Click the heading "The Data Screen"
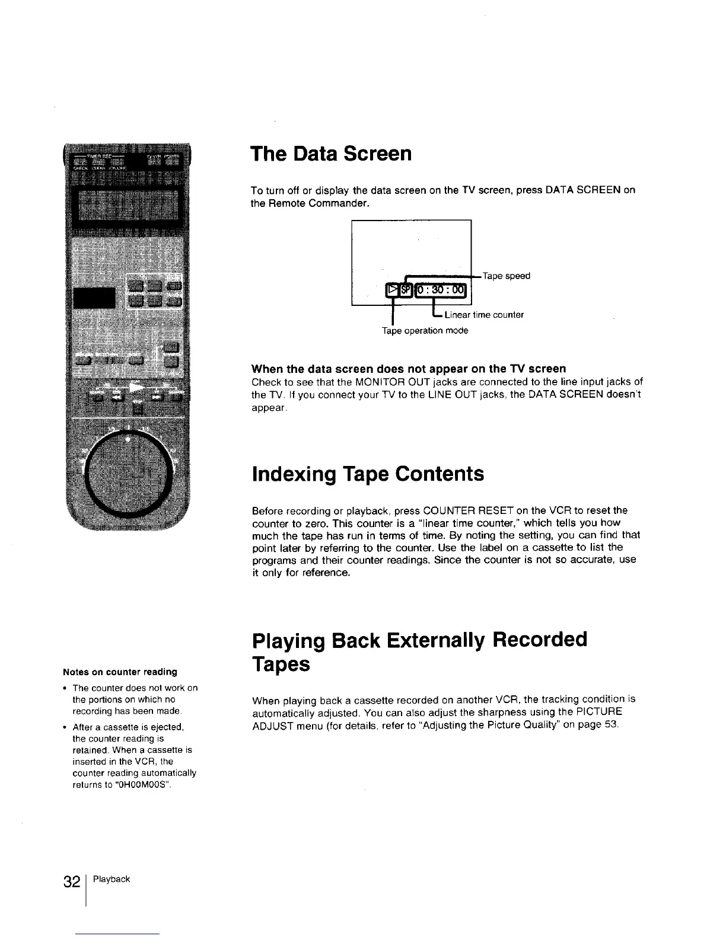331,154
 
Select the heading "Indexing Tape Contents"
368,474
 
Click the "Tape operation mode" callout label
425,331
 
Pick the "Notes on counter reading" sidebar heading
120,672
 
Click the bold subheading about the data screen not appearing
409,369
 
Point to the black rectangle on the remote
93,298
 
